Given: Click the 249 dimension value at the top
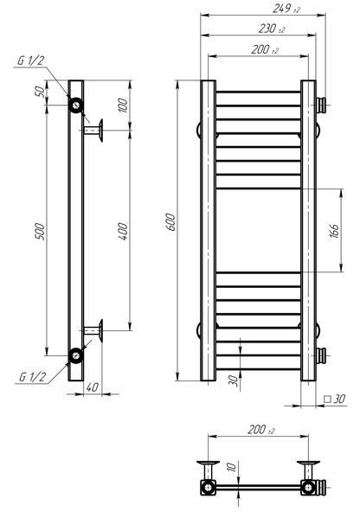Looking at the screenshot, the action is pyautogui.click(x=286, y=9).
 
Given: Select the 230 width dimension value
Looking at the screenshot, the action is pyautogui.click(x=272, y=29).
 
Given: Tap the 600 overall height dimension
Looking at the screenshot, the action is pyautogui.click(x=170, y=222).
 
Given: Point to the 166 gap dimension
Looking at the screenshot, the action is pyautogui.click(x=334, y=231).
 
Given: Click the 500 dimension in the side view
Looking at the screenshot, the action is pyautogui.click(x=40, y=231).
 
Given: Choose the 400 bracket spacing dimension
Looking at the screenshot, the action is pyautogui.click(x=123, y=231).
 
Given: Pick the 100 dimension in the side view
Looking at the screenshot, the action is pyautogui.click(x=123, y=105).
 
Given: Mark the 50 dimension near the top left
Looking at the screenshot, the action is pyautogui.click(x=39, y=91).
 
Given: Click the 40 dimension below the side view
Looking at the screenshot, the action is pyautogui.click(x=93, y=387).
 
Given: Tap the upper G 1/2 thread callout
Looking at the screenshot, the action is pyautogui.click(x=31, y=61).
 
